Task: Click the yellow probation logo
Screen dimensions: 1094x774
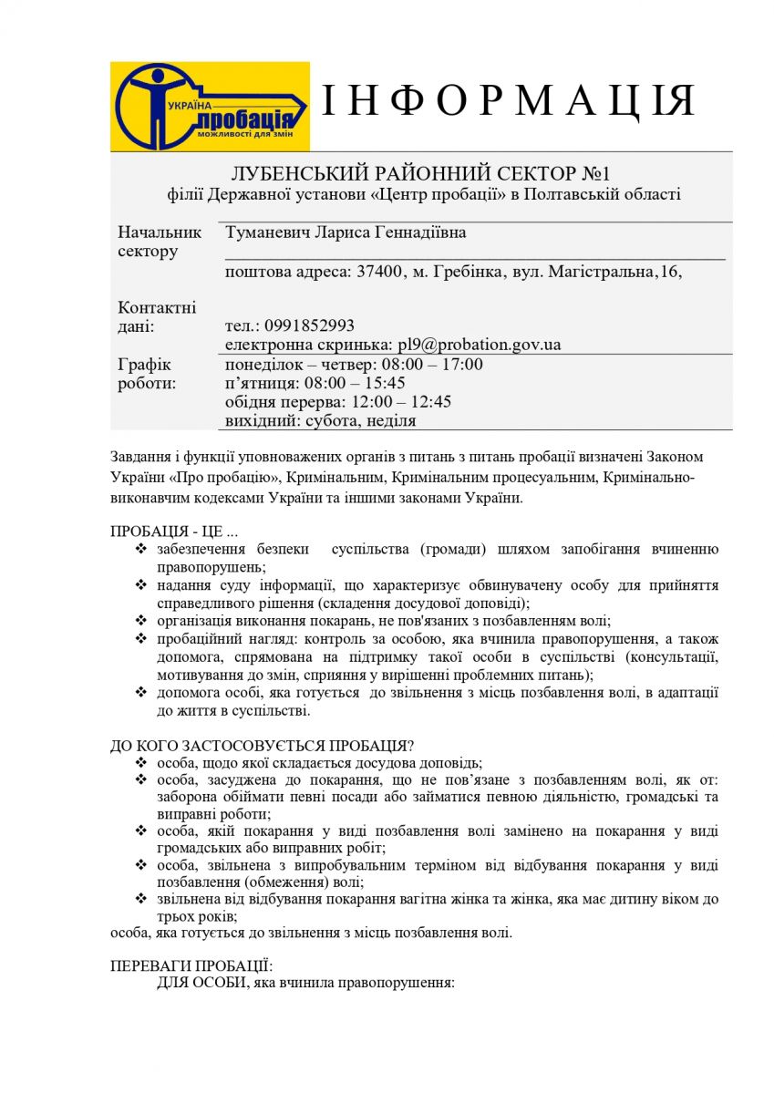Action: [210, 107]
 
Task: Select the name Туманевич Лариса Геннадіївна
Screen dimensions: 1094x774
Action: [346, 232]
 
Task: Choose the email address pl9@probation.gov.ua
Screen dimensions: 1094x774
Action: [479, 345]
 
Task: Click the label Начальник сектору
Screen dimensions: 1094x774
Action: [160, 242]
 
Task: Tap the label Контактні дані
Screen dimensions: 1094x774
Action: [157, 316]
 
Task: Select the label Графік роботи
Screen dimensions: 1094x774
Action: [148, 374]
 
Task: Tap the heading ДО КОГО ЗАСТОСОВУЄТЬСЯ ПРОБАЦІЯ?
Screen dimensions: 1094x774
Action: [263, 745]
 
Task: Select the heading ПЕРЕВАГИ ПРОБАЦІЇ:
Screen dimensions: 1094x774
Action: [191, 965]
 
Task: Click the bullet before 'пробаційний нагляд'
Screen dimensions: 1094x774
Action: [140, 639]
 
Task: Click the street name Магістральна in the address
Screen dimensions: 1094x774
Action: [601, 272]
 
